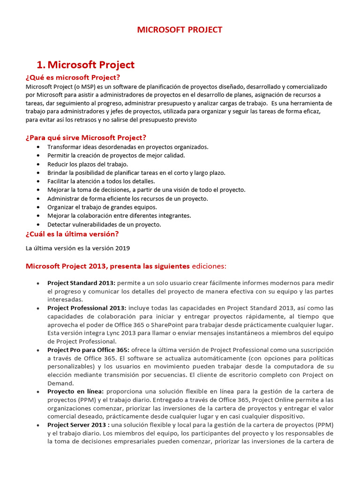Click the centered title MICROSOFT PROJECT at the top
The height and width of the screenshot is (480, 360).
click(x=180, y=30)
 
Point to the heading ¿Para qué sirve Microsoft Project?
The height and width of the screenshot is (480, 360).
click(x=86, y=137)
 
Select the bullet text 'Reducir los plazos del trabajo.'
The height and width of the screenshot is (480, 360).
click(x=87, y=164)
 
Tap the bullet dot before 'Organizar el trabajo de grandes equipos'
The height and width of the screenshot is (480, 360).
click(x=38, y=207)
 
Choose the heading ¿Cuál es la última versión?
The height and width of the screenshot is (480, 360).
click(x=72, y=234)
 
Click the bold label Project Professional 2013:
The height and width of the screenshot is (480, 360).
click(x=86, y=308)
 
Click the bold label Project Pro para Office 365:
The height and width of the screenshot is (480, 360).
click(x=89, y=350)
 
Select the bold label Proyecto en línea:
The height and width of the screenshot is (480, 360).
click(x=75, y=391)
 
